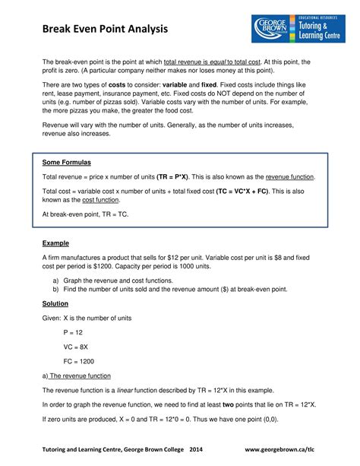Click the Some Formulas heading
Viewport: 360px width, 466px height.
[x=66, y=163]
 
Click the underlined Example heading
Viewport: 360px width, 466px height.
[x=55, y=243]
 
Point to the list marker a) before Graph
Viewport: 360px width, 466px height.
[x=56, y=280]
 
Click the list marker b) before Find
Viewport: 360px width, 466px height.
[x=56, y=289]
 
